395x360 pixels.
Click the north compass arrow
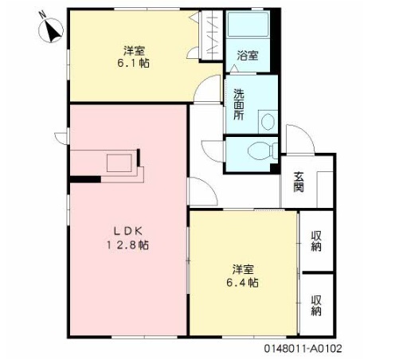click(x=52, y=31)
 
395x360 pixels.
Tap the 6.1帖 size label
click(x=132, y=61)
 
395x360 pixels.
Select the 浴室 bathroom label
click(x=247, y=57)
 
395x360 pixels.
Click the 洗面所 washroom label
click(x=239, y=103)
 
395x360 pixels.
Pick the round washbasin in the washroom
click(x=268, y=121)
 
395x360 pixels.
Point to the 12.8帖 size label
click(x=127, y=245)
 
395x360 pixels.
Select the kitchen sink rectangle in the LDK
click(x=118, y=163)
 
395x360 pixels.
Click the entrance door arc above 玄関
click(x=292, y=138)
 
